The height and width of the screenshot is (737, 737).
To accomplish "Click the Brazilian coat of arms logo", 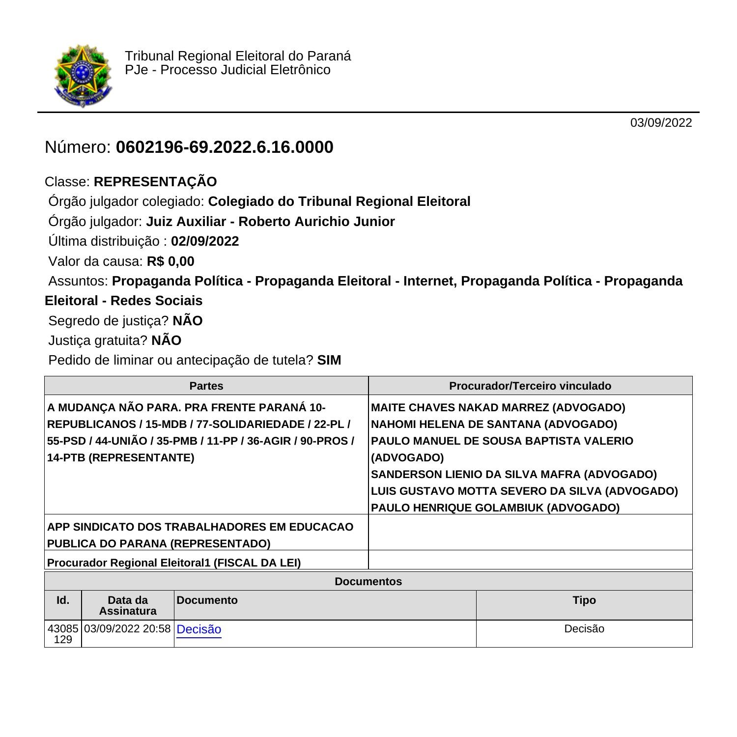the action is click(83, 75).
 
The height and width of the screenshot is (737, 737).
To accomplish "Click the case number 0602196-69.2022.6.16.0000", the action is click(225, 147).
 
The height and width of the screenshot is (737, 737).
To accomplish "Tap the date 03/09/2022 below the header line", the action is click(661, 123).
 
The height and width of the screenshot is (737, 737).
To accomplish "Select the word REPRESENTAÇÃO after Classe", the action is click(155, 182).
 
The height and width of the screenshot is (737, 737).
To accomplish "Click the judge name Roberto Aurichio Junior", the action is click(316, 222).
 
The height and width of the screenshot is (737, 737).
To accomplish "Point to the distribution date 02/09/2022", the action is click(205, 241).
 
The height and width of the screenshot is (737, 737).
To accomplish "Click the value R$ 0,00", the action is click(170, 261).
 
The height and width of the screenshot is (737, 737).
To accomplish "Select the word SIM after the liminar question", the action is click(329, 360).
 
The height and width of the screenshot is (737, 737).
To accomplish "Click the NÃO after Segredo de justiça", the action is click(188, 321).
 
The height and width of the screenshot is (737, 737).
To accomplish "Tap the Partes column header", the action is click(206, 386).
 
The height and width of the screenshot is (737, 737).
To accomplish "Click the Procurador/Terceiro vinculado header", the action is click(530, 386).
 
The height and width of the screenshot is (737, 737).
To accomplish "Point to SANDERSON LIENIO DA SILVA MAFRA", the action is click(476, 475).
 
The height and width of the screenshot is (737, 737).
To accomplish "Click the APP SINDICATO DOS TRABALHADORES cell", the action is click(200, 535).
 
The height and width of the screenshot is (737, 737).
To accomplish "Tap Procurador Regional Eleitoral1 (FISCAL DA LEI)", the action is click(174, 563).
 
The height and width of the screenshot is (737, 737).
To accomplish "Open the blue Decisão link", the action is click(199, 629).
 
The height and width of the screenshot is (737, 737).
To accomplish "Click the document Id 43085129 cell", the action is click(63, 634).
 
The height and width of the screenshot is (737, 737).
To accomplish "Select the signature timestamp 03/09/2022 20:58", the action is click(127, 629).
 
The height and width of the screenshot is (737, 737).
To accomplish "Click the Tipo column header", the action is click(584, 600).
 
